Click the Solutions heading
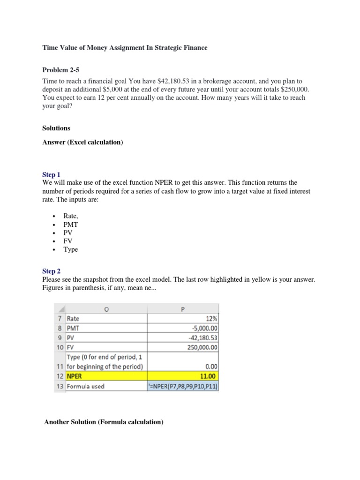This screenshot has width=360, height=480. [x=56, y=128]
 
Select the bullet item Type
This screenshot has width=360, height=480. [x=71, y=249]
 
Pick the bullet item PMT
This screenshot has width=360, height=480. [x=71, y=225]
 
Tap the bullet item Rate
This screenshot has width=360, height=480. [x=71, y=216]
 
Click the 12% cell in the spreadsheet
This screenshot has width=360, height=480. [x=212, y=318]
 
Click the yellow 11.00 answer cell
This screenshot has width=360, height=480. [x=209, y=376]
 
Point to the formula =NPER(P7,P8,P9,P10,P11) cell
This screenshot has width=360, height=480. [x=183, y=386]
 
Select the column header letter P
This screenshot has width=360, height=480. [x=183, y=308]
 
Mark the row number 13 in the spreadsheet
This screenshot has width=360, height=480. [x=60, y=386]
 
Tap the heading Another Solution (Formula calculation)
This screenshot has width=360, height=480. [x=104, y=422]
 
